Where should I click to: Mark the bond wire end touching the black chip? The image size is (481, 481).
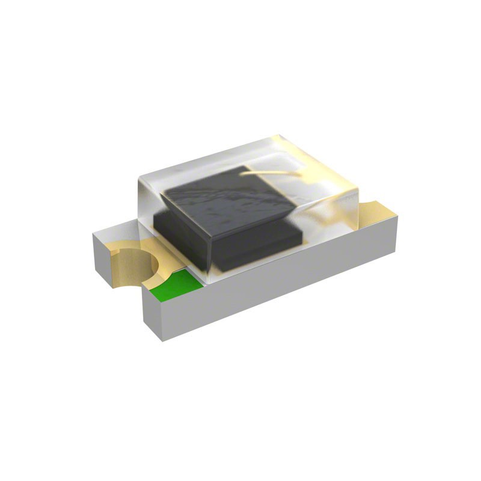point(243,177)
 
